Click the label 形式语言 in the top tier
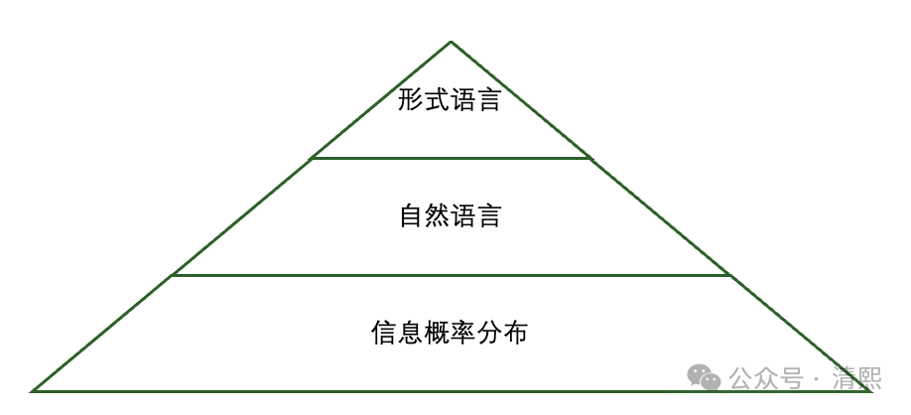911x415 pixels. pos(450,100)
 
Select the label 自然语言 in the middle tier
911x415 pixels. pos(450,215)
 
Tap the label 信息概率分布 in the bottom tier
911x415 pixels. pos(450,333)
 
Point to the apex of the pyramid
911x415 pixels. pos(451,42)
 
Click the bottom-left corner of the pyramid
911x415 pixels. pos(33,390)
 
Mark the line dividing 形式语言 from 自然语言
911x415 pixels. pos(451,158)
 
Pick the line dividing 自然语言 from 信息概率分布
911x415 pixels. pos(451,275)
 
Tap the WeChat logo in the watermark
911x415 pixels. pos(706,378)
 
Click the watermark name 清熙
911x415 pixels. pos(856,379)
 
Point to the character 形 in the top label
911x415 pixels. pos(411,100)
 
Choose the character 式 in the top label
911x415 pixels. pos(437,100)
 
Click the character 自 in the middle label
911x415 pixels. pos(411,215)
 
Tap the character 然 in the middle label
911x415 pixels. pos(437,215)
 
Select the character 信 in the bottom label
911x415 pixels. pos(385,333)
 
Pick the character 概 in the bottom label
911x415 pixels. pos(437,333)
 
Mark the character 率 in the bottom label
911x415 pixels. pos(462,333)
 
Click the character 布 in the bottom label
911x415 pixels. pos(514,333)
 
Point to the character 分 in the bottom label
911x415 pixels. pos(488,333)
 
